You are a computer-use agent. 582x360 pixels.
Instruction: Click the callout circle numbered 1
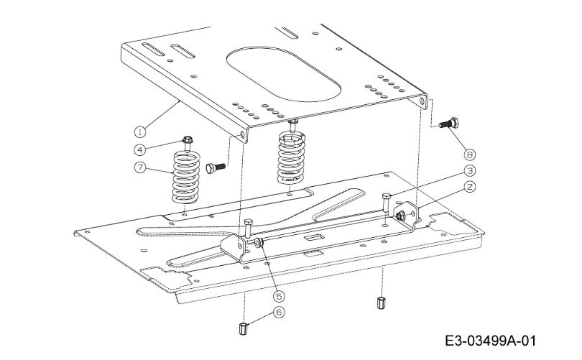tap(139, 131)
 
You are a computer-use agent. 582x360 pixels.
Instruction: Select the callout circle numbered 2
tap(469, 186)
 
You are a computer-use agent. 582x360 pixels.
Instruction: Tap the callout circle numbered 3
tap(469, 170)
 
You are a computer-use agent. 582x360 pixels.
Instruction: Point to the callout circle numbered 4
tap(139, 150)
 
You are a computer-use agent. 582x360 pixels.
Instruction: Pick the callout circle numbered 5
tap(279, 296)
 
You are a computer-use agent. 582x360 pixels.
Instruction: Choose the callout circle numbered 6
tap(279, 312)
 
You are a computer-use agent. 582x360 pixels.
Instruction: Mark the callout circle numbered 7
tap(139, 167)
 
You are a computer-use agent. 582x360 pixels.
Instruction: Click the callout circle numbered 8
tap(469, 154)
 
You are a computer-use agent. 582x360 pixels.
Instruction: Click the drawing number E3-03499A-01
tap(490, 341)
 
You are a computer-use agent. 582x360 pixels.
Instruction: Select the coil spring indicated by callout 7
tap(186, 177)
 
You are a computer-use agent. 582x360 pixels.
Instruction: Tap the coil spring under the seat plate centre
tap(292, 159)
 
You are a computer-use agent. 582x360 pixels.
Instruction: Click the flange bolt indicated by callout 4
tap(188, 144)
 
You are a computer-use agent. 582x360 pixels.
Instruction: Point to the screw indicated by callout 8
tap(448, 123)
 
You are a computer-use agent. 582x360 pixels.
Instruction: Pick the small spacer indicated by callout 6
tap(243, 328)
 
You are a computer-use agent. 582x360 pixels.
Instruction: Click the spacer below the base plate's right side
tap(380, 303)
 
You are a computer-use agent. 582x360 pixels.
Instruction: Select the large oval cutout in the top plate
tap(283, 74)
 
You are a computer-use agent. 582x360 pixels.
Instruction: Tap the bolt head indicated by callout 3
tap(387, 196)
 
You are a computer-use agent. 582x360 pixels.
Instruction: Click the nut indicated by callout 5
tap(259, 243)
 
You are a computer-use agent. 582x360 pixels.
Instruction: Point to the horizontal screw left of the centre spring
tap(216, 167)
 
